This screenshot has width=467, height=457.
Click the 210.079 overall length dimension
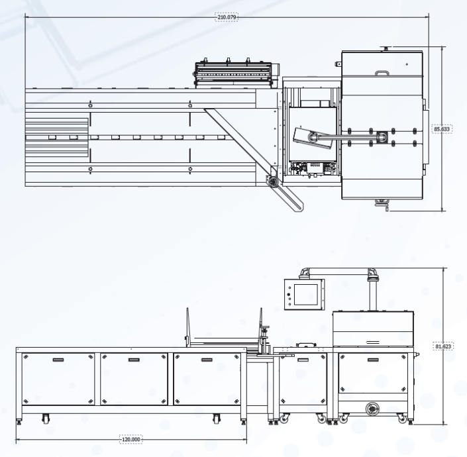pyautogui.click(x=228, y=17)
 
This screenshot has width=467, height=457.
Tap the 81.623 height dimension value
pyautogui.click(x=442, y=345)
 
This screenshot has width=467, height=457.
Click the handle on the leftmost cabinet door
pyautogui.click(x=58, y=360)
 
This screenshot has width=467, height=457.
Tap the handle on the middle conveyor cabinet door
pyautogui.click(x=134, y=360)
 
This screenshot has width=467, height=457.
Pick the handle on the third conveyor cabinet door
pyautogui.click(x=207, y=360)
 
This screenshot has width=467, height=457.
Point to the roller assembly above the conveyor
pyautogui.click(x=234, y=74)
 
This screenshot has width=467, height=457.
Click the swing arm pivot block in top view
pyautogui.click(x=383, y=137)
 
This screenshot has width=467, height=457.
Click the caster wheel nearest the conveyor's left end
pyautogui.click(x=45, y=418)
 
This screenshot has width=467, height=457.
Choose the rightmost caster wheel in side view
pyautogui.click(x=402, y=419)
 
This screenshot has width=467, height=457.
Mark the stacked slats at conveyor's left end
pyautogui.click(x=56, y=137)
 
